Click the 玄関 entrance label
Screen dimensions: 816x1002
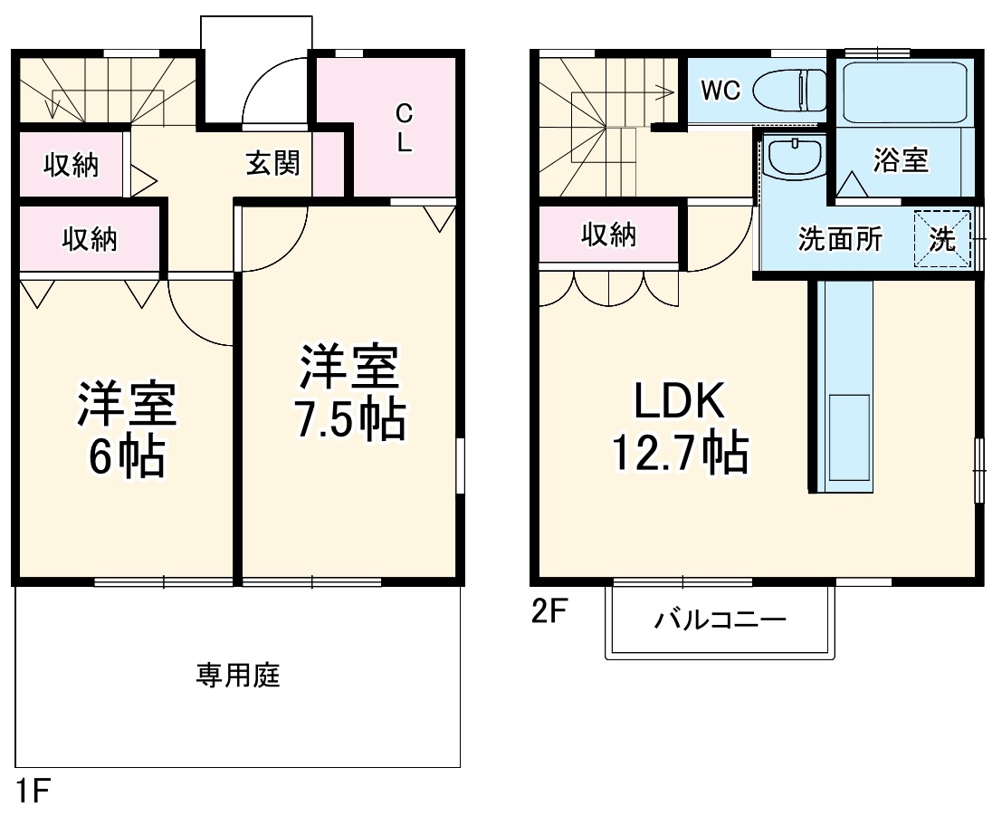click(x=272, y=165)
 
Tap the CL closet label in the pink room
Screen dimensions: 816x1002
click(x=404, y=128)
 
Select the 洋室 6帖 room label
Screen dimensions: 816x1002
click(x=126, y=429)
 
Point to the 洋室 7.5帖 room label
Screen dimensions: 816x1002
click(x=349, y=391)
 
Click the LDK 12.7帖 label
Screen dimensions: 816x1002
click(x=679, y=427)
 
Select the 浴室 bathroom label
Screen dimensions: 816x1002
click(x=900, y=160)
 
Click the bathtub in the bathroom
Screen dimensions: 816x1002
click(x=902, y=91)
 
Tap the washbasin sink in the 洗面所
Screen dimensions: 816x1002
click(x=794, y=159)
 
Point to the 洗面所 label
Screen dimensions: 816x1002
click(x=839, y=240)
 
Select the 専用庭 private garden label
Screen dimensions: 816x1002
click(x=238, y=676)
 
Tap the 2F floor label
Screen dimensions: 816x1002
click(x=549, y=613)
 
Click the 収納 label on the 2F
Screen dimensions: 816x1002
click(x=608, y=235)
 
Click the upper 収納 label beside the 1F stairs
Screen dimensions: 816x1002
click(x=72, y=166)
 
